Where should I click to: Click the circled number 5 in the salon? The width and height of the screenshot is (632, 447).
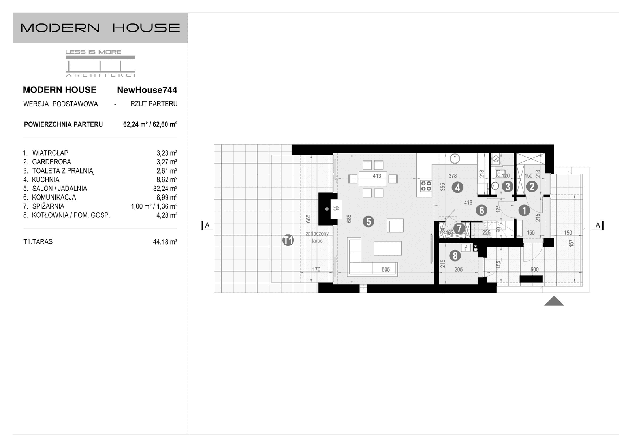(x=368, y=221)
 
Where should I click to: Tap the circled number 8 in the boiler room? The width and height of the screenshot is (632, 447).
(x=455, y=256)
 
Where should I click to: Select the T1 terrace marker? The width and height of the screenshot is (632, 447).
(x=288, y=240)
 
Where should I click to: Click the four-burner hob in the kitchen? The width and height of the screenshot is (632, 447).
(x=426, y=186)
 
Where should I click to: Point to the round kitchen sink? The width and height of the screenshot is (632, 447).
(x=455, y=158)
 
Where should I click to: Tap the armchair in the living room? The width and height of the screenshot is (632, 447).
(x=395, y=226)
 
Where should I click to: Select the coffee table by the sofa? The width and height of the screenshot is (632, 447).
(x=387, y=248)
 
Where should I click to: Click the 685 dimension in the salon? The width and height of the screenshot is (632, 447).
(x=349, y=219)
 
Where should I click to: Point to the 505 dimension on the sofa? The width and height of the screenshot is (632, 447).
(x=386, y=270)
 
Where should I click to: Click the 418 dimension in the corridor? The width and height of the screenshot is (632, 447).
(x=468, y=202)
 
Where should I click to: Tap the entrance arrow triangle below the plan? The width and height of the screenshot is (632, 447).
(x=554, y=301)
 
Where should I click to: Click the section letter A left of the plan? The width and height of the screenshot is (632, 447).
(x=207, y=225)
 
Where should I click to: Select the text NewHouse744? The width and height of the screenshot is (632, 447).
(x=147, y=90)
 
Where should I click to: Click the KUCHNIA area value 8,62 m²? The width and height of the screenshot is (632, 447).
(x=167, y=179)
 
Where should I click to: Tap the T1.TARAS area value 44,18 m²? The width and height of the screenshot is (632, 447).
(x=165, y=241)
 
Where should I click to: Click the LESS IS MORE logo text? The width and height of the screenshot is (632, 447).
(x=93, y=52)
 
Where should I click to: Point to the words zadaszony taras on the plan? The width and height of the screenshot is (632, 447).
(x=317, y=237)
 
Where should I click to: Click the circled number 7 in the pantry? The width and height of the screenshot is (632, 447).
(x=459, y=228)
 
